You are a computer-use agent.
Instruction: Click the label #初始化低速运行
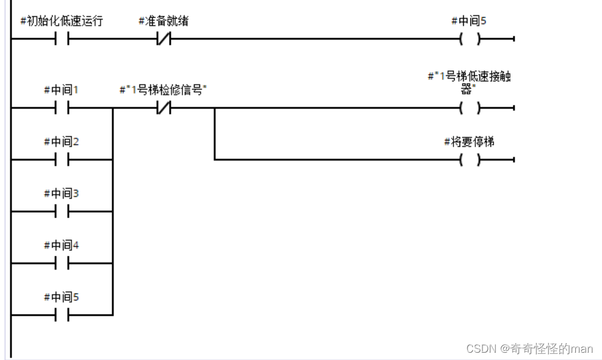click(62, 21)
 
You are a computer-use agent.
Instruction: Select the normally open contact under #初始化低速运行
click(62, 39)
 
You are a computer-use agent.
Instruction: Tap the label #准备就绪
click(164, 21)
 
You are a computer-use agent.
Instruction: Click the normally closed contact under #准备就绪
click(164, 39)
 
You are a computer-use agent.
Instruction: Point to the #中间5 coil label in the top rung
click(469, 21)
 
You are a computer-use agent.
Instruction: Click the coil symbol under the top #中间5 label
click(469, 39)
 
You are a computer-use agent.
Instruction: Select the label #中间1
click(62, 90)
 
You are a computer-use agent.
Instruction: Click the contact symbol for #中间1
click(62, 108)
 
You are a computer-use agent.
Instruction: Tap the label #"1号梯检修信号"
click(164, 90)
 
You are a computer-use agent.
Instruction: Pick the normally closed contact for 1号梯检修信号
click(164, 108)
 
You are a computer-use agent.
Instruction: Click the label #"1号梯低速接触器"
click(469, 82)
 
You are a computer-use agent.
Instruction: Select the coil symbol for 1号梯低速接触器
click(469, 108)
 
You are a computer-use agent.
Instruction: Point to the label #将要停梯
click(469, 142)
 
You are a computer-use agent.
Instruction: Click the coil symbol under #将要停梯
click(469, 160)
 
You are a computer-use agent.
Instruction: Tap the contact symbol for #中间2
click(62, 160)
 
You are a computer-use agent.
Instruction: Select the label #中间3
click(62, 194)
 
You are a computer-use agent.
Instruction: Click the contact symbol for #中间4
click(62, 264)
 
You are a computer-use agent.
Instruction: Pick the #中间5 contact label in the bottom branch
click(62, 298)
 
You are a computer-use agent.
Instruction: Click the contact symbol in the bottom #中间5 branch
click(62, 315)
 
